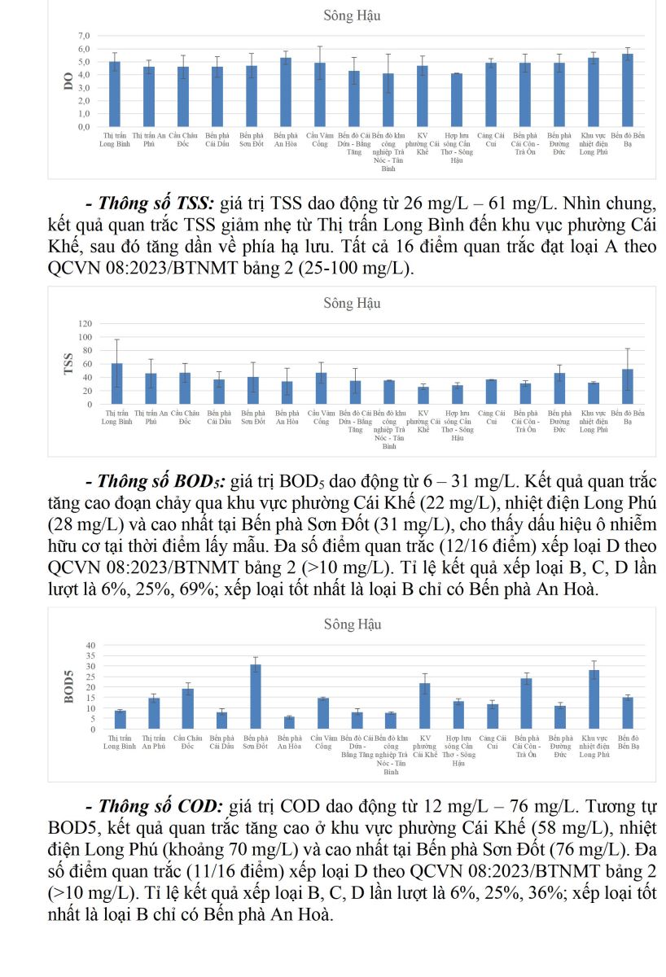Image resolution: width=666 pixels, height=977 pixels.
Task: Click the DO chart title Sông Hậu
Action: click(352, 16)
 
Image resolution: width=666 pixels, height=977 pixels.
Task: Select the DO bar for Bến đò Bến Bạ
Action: click(627, 90)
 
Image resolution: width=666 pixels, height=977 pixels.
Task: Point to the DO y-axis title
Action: click(70, 81)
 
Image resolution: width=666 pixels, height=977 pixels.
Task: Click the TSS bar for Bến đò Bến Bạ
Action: click(627, 387)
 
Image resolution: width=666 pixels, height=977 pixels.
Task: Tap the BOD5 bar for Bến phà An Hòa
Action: click(289, 723)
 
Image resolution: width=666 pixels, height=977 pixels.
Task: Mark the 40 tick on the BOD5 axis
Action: click(90, 646)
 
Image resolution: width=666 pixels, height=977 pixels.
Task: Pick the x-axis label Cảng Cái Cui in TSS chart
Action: click(491, 414)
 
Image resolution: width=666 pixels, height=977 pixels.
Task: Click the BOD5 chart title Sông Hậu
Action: click(352, 624)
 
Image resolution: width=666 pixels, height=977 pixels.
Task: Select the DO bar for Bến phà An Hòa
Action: click(285, 93)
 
